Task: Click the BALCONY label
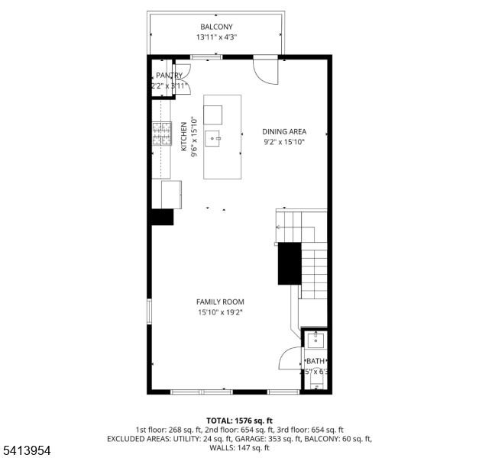(x=216, y=27)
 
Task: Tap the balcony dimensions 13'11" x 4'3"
(x=216, y=37)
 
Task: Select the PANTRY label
(x=169, y=76)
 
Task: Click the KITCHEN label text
(x=184, y=137)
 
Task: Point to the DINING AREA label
(x=283, y=131)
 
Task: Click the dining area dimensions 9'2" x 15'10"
(x=283, y=141)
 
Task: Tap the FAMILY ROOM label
(x=221, y=302)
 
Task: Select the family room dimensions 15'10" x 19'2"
(x=221, y=312)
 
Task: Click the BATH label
(x=316, y=361)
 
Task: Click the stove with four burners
(x=162, y=134)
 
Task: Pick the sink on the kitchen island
(x=213, y=138)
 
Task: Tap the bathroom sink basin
(x=316, y=340)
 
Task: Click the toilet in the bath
(x=316, y=381)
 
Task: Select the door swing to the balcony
(x=266, y=70)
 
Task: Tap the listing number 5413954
(x=26, y=451)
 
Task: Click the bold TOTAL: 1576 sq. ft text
(x=239, y=420)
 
